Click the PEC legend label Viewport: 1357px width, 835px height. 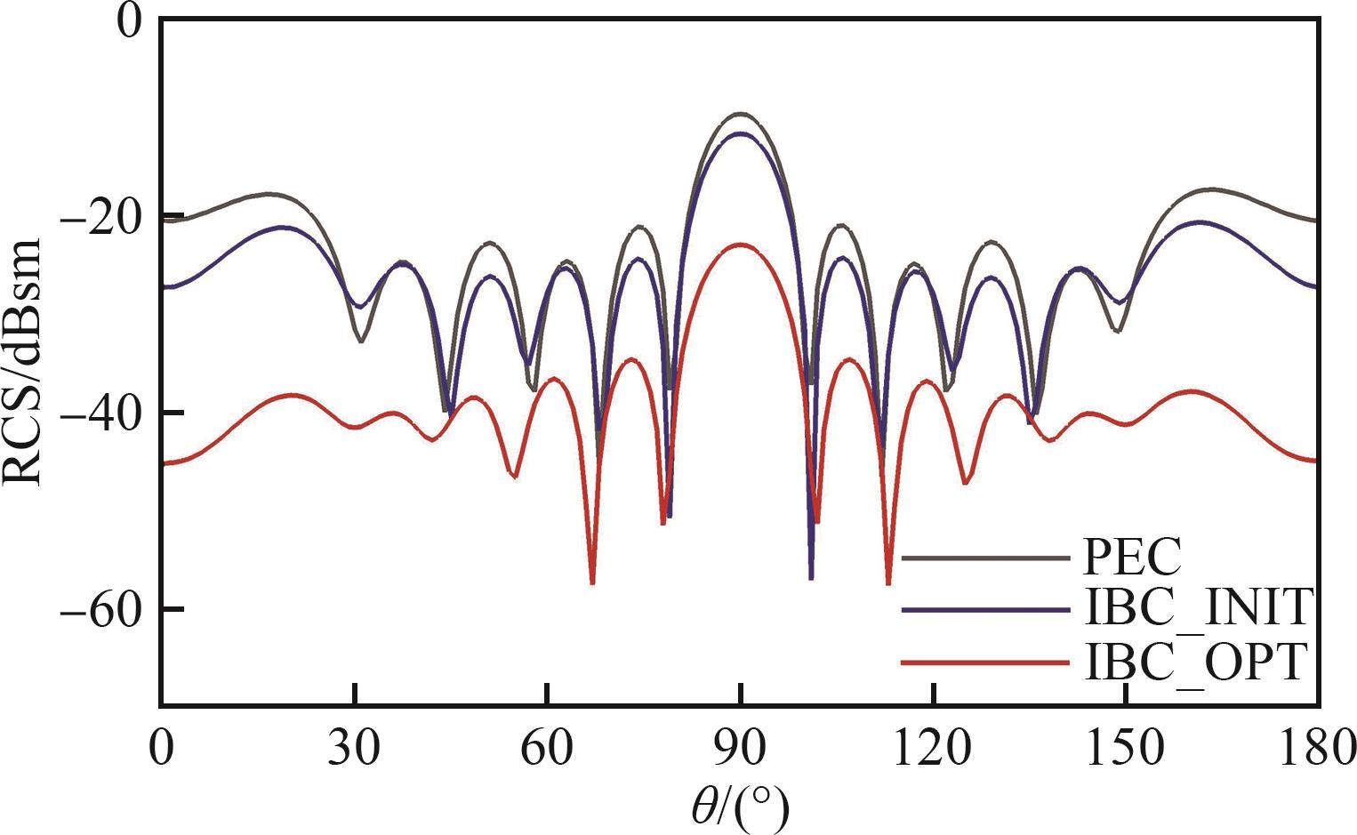(1131, 558)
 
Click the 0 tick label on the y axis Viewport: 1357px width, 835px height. (130, 20)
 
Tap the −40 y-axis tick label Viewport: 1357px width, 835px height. (104, 413)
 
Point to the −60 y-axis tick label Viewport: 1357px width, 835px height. (104, 609)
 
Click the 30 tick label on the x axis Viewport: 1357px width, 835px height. (354, 748)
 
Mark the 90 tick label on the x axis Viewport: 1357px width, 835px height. (740, 748)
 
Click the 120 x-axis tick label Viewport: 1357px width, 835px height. (933, 748)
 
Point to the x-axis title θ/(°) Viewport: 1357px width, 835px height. (740, 807)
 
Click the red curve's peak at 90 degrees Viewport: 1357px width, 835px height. (740, 244)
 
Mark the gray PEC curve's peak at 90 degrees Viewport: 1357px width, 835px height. (740, 114)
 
